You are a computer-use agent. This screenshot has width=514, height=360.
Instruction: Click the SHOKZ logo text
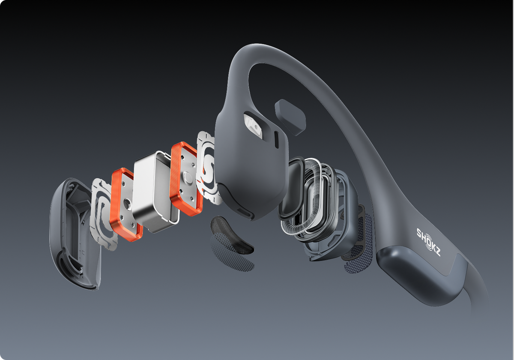point(428,242)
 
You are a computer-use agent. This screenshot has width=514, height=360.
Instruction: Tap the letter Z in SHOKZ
point(437,252)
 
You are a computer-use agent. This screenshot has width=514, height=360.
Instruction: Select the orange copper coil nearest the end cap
point(127,204)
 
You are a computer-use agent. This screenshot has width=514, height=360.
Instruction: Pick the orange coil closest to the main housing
point(186,179)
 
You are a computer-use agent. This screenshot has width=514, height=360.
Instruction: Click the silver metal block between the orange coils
point(156,192)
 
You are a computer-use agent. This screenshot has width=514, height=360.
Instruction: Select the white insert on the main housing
point(253,126)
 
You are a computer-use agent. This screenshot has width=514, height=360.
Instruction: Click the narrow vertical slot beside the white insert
point(277,140)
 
